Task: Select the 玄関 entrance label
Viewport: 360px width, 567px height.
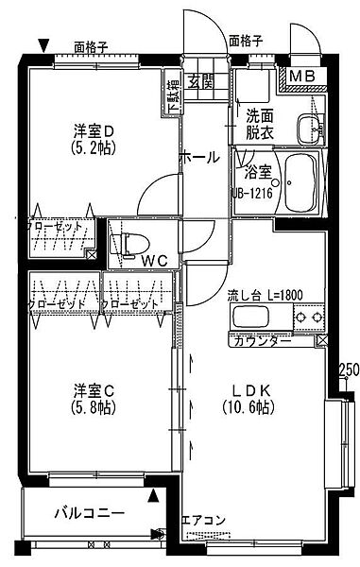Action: point(199,79)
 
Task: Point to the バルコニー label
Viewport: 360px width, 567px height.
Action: point(88,514)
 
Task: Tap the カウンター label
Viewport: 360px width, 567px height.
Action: point(262,340)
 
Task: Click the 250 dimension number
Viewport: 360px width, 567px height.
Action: point(348,369)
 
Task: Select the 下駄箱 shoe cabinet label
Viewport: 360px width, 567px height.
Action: point(172,94)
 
